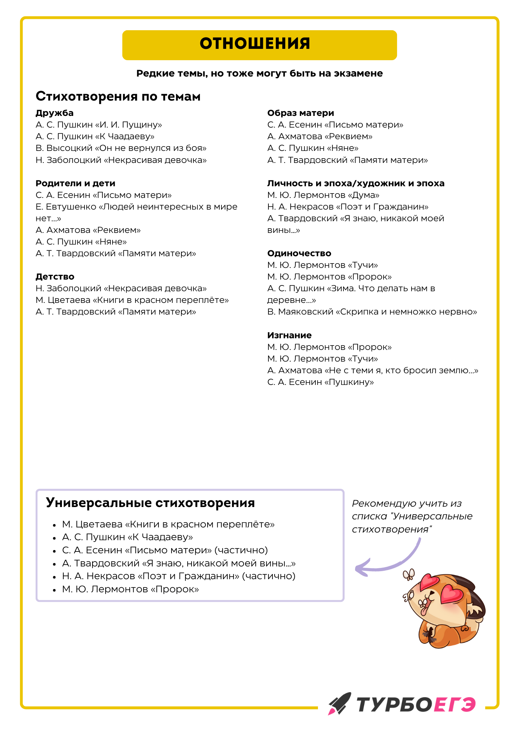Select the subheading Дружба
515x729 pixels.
tap(55, 113)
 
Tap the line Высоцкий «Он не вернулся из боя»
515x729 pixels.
tap(121, 148)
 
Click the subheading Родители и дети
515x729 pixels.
tap(75, 183)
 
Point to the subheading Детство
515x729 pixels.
tap(55, 277)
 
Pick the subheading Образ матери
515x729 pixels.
tap(300, 113)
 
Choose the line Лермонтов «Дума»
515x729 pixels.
tap(323, 195)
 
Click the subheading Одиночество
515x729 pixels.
tap(299, 253)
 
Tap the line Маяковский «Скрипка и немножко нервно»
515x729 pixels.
tap(372, 312)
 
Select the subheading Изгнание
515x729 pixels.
tap(289, 335)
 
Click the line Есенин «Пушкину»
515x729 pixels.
tap(321, 382)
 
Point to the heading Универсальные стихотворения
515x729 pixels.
tap(150, 503)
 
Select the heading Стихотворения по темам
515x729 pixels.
tap(118, 96)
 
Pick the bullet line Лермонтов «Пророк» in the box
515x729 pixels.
tap(130, 589)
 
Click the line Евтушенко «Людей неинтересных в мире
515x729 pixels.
tap(136, 207)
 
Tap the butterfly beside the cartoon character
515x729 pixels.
tap(409, 575)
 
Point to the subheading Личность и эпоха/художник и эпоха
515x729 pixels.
tap(355, 183)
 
